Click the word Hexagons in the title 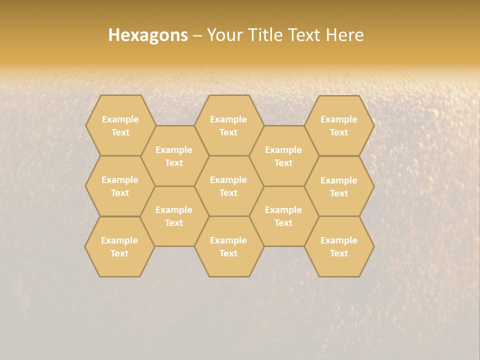[148, 35]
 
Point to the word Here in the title [345, 35]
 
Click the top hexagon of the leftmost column [120, 125]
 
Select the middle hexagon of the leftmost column [120, 186]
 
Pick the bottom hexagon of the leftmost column [119, 246]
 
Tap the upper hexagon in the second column [174, 156]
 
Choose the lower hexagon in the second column [174, 216]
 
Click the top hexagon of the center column [228, 125]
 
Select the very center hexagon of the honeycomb [228, 186]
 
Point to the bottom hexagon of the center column [228, 246]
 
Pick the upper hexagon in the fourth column [283, 156]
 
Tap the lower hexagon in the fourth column [283, 216]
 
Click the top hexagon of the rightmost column [339, 125]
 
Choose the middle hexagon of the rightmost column [339, 186]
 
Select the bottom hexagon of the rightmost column [339, 246]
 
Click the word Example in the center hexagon [228, 180]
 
